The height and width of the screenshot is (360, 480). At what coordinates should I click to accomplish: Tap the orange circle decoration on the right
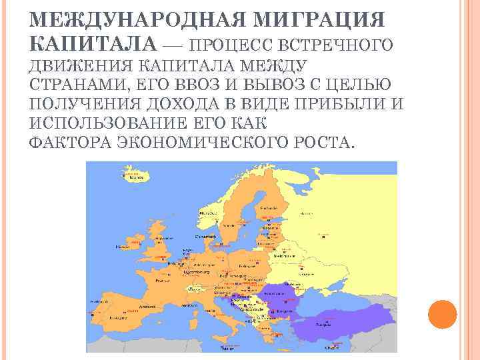point(441,313)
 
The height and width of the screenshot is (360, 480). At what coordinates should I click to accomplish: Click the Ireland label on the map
point(123,247)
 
